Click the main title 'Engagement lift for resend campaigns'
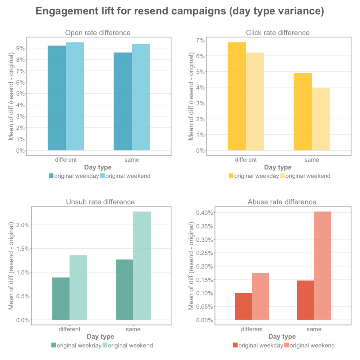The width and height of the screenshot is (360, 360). tap(180, 11)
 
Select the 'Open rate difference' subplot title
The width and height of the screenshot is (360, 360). tap(97, 33)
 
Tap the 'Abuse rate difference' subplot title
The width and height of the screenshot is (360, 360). tap(282, 202)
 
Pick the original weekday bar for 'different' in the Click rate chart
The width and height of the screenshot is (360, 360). tap(237, 96)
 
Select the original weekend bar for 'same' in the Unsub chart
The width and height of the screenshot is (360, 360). tap(142, 265)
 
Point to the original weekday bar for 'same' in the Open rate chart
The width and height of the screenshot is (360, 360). tap(122, 101)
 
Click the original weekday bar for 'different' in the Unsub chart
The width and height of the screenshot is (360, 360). tap(61, 298)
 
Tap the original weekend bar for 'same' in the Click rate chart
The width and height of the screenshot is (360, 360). tap(321, 119)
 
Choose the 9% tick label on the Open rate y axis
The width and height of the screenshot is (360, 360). tap(20, 48)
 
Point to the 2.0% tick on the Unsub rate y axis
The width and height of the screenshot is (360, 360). tap(23, 225)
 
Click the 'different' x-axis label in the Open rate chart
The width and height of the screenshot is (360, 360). tap(66, 160)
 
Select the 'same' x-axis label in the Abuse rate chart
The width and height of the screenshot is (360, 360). tap(314, 330)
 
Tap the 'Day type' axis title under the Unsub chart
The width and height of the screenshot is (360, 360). tap(100, 337)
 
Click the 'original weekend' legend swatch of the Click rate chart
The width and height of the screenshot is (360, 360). tap(282, 176)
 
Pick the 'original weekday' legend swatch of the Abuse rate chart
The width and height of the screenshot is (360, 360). tap(235, 345)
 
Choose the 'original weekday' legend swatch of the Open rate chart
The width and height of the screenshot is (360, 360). tap(51, 176)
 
